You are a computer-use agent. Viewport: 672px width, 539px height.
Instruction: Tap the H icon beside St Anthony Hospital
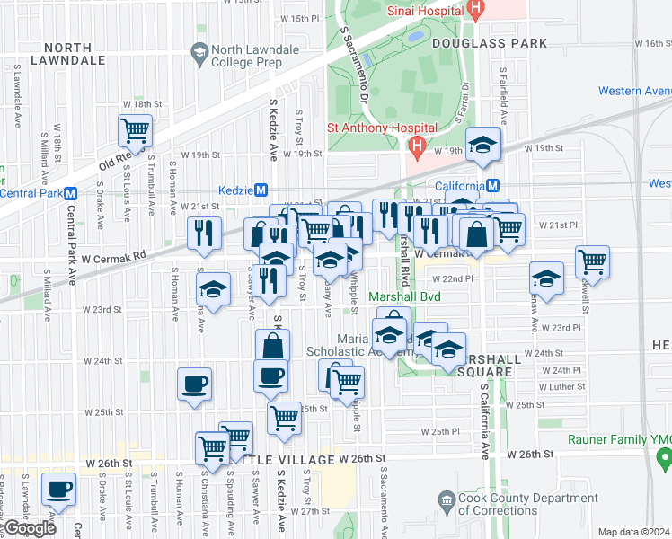pyautogui.click(x=416, y=144)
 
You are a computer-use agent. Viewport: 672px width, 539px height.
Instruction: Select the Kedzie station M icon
pyautogui.click(x=261, y=190)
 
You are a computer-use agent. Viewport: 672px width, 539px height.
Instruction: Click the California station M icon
pyautogui.click(x=493, y=186)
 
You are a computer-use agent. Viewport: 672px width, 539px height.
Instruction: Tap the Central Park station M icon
pyautogui.click(x=70, y=193)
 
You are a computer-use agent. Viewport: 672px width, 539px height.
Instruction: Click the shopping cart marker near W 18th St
pyautogui.click(x=136, y=131)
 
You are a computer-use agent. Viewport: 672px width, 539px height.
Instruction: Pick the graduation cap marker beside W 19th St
pyautogui.click(x=482, y=145)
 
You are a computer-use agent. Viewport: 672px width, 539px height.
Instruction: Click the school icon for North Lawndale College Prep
pyautogui.click(x=198, y=54)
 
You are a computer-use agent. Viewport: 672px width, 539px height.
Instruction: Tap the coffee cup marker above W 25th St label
pyautogui.click(x=195, y=384)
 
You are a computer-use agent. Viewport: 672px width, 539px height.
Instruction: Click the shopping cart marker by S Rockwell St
pyautogui.click(x=592, y=261)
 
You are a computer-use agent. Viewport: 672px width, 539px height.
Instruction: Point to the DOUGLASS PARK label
pyautogui.click(x=490, y=43)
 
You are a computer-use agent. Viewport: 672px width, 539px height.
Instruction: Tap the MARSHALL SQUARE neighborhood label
pyautogui.click(x=489, y=365)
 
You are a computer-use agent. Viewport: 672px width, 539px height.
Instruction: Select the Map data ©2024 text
pyautogui.click(x=633, y=532)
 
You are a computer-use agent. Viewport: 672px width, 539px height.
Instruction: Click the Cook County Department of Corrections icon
pyautogui.click(x=447, y=499)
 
